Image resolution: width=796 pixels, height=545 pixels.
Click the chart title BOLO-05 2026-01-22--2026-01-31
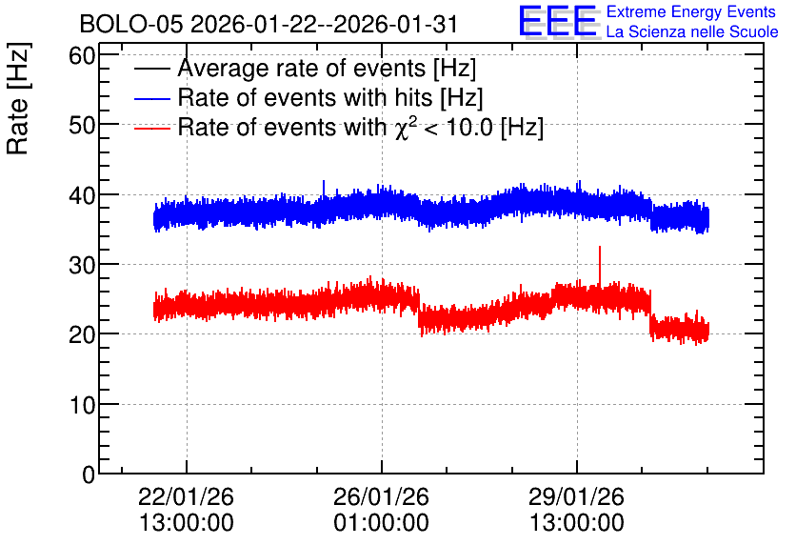click(269, 24)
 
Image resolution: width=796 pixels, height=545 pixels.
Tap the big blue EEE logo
click(558, 21)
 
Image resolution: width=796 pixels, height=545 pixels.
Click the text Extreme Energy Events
click(691, 11)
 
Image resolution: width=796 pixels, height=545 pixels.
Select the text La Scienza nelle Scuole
click(692, 31)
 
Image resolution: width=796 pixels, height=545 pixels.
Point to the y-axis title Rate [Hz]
click(18, 98)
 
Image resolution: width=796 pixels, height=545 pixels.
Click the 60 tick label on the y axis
click(82, 55)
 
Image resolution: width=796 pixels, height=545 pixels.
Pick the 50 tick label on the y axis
click(82, 125)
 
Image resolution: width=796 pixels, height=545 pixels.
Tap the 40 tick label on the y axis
click(82, 195)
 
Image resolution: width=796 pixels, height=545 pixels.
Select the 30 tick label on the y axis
click(82, 265)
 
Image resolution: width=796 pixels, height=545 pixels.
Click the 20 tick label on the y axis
click(82, 334)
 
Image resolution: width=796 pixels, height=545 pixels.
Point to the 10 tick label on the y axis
click(82, 405)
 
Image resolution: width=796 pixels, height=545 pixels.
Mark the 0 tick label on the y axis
click(89, 474)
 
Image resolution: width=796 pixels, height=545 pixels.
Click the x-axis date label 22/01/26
click(186, 496)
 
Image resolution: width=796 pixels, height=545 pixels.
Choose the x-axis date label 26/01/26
click(381, 496)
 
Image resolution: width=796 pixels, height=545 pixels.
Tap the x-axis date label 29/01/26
click(576, 496)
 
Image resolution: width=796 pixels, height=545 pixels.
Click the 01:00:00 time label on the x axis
click(381, 523)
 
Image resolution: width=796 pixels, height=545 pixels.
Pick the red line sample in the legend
click(151, 128)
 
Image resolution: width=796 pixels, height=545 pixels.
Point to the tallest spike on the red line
click(600, 248)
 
